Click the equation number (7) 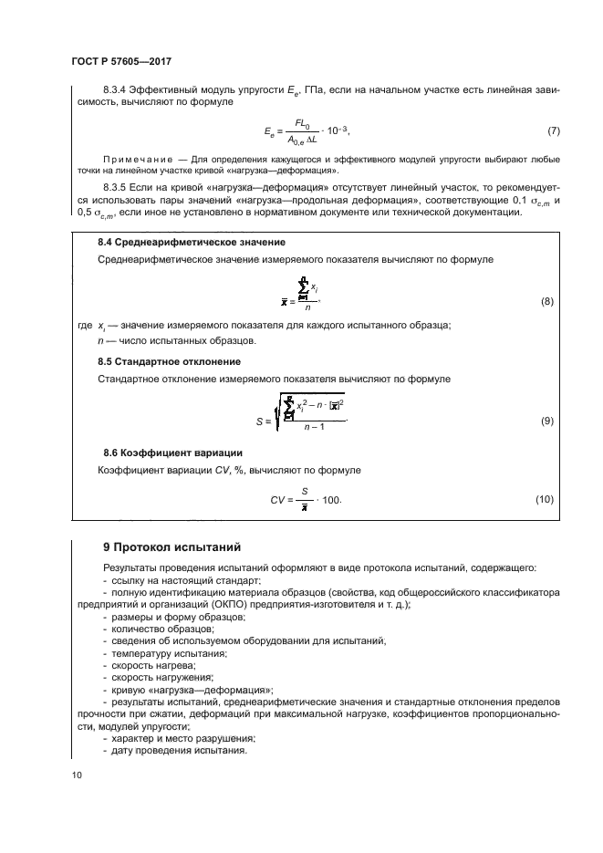(x=553, y=131)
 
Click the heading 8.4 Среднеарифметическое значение (x=192, y=242)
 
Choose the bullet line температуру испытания (x=168, y=653)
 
